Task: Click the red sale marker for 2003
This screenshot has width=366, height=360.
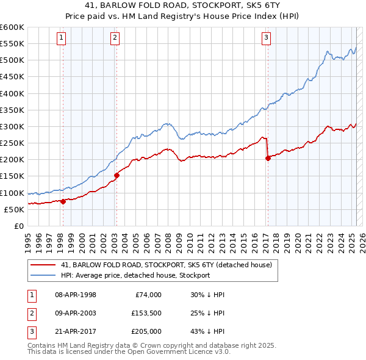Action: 117,175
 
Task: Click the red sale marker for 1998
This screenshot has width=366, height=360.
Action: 63,201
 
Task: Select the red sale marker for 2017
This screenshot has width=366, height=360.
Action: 268,158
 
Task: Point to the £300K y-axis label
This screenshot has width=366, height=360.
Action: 12,126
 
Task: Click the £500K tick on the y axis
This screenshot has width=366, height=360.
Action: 12,60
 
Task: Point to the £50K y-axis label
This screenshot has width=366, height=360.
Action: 13,209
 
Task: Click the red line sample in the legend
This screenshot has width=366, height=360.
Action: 42,265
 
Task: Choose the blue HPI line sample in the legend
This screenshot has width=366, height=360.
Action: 42,275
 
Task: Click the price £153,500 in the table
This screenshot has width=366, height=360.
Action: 146,313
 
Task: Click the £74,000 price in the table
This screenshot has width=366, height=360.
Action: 148,295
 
